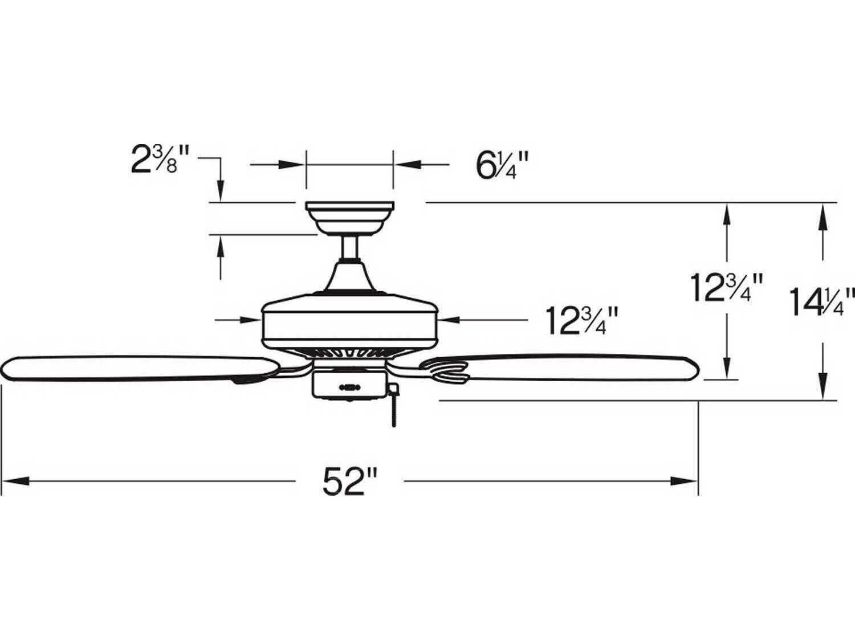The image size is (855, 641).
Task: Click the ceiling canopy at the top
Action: (x=350, y=217)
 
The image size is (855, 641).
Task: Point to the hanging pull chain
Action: (x=394, y=407)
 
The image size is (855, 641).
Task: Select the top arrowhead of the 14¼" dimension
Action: (x=821, y=215)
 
